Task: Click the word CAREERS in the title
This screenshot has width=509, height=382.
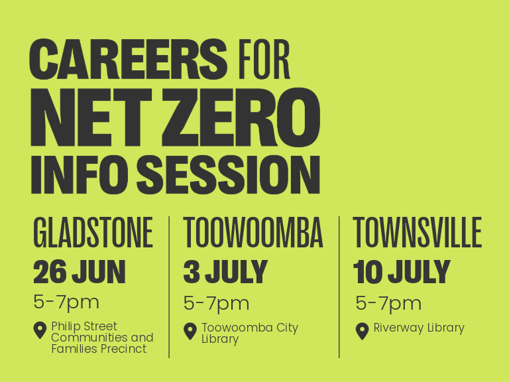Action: tap(128, 59)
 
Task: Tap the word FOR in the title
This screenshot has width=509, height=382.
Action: tap(264, 59)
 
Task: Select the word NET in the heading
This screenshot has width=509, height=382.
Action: tap(91, 117)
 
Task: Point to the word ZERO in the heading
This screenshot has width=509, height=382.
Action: tap(241, 117)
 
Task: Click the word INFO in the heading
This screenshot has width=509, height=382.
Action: tap(80, 174)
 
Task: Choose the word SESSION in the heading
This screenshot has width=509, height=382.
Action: tap(228, 174)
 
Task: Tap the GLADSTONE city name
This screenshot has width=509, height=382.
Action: tap(93, 233)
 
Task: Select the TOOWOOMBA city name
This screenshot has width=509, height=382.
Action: tap(253, 233)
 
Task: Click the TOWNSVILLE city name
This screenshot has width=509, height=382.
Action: tap(417, 233)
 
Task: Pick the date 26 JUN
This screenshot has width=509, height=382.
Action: tap(80, 272)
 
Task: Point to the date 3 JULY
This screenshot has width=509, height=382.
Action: tap(225, 272)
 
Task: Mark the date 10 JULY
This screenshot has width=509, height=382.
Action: tap(402, 272)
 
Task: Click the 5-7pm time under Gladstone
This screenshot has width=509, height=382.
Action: tap(66, 303)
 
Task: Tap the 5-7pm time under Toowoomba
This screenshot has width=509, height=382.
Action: tap(216, 304)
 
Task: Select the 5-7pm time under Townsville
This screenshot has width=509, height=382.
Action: tap(388, 304)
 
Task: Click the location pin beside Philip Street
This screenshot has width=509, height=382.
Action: tap(40, 330)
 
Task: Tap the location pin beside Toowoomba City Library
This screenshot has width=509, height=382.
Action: tap(190, 331)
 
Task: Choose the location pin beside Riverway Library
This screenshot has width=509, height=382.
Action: tap(363, 331)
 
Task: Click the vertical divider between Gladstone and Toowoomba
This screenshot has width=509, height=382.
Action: tap(169, 287)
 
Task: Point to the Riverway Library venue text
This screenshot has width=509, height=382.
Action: tap(419, 328)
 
